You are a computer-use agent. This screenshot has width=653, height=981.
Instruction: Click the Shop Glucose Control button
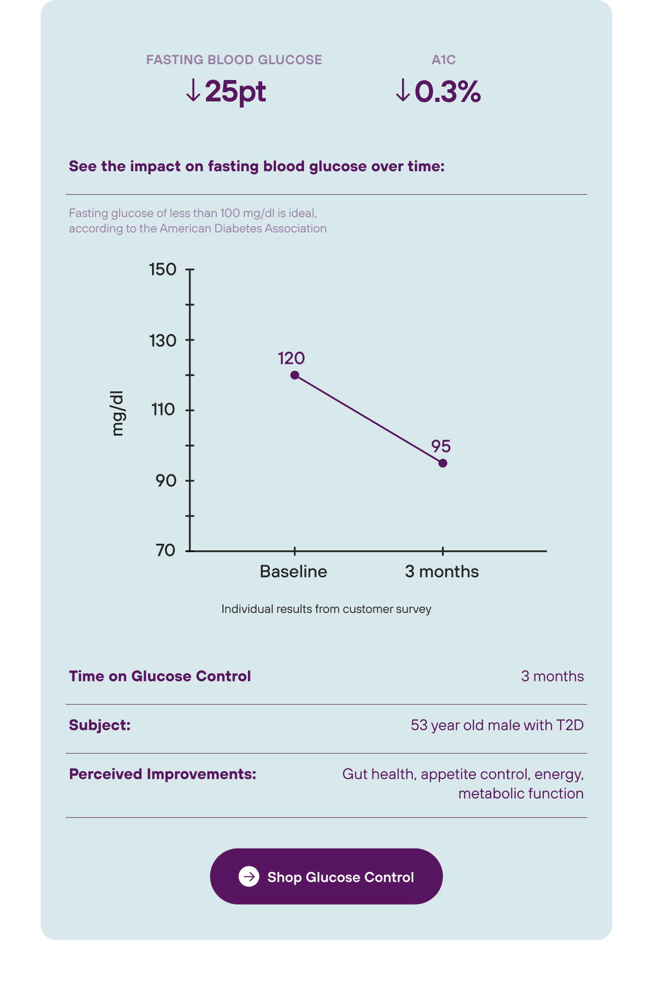pos(326,876)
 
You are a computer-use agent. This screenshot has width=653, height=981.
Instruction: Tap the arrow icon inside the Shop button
pos(249,876)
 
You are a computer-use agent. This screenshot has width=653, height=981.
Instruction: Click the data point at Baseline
pos(295,375)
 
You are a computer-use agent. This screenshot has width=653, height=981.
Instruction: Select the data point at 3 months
pos(443,463)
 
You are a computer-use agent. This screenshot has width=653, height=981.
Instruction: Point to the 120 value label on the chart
pos(291,358)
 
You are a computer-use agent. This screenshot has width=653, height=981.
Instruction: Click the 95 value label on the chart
pos(441,446)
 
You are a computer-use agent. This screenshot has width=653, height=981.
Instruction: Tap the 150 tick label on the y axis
pos(163,269)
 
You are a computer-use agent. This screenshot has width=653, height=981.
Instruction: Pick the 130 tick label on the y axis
pos(163,340)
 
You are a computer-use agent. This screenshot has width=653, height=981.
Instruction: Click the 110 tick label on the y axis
pos(163,409)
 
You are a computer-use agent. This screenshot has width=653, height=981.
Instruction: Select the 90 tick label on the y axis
pos(166,480)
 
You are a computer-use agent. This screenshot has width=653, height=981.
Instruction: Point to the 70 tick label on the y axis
pos(166,550)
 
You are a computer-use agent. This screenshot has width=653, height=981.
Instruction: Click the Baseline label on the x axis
pos(293,571)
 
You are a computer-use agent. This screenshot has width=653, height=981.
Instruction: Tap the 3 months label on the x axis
pos(442,571)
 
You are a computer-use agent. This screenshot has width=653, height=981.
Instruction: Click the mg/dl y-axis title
pos(117,413)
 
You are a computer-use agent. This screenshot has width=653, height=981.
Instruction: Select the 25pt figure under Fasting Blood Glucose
pos(235,92)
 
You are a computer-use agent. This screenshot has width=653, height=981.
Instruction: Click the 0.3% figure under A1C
pos(447,92)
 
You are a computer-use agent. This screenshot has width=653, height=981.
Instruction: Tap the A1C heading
pos(443,60)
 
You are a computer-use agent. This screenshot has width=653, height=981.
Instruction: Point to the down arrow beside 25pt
pos(193,90)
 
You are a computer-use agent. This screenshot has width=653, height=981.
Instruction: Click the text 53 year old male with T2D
pos(497,725)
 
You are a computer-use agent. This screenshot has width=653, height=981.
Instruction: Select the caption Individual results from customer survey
pos(326,609)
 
